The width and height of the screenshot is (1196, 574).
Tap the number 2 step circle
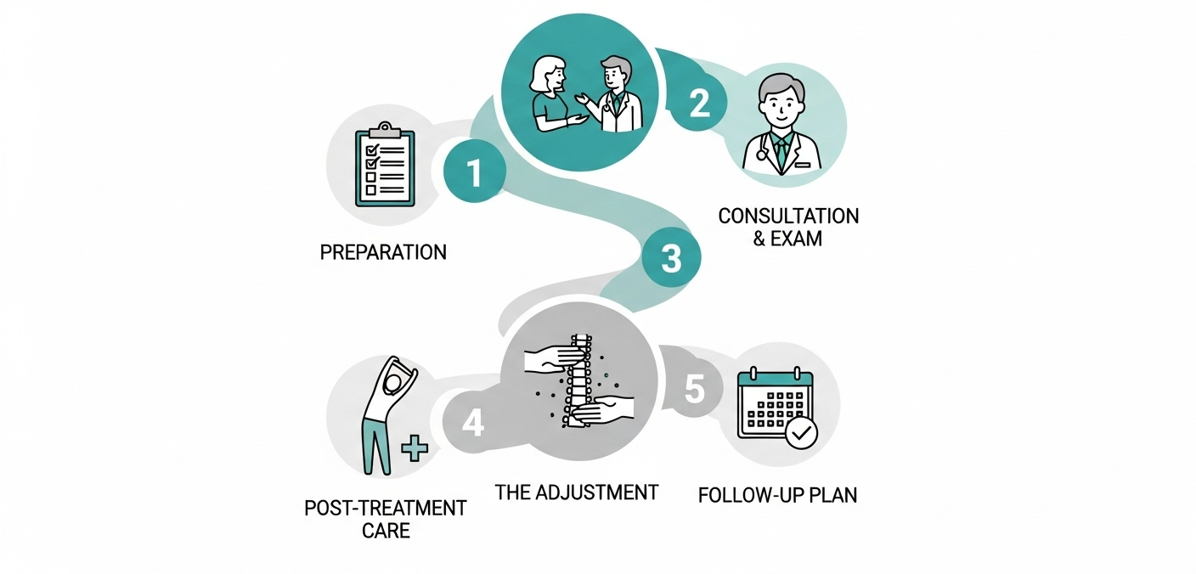[698, 104]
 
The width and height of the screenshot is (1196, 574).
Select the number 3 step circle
[670, 259]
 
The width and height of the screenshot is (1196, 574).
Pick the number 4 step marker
[472, 422]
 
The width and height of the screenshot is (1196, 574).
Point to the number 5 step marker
[694, 390]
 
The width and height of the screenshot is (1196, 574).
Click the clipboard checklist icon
[384, 166]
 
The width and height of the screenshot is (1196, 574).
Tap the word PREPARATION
[383, 252]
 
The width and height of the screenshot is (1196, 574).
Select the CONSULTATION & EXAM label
[788, 226]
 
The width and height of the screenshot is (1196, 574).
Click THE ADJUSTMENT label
[577, 492]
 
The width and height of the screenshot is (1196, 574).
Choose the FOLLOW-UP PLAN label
[777, 494]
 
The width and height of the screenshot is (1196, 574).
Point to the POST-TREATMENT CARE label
[386, 520]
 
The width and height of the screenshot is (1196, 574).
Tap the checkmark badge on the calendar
[801, 435]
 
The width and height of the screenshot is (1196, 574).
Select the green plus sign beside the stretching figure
[415, 447]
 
